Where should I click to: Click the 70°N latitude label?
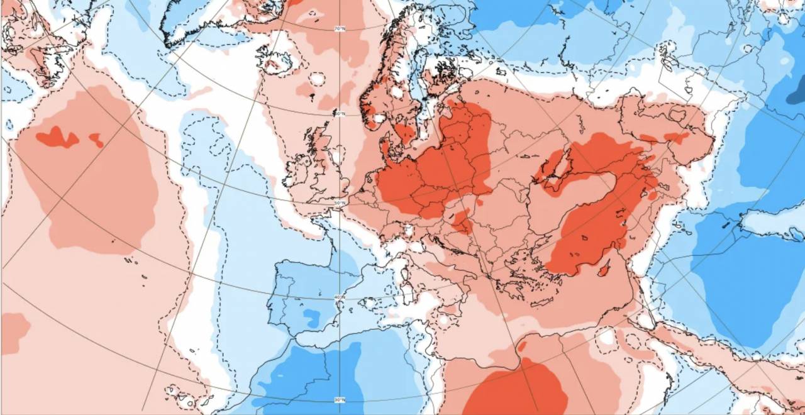340,29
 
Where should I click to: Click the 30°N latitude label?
340,400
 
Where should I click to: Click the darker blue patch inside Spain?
311,318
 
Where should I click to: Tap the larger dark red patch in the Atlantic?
57,137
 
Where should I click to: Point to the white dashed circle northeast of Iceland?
318,79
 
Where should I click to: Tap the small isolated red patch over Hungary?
463,222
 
